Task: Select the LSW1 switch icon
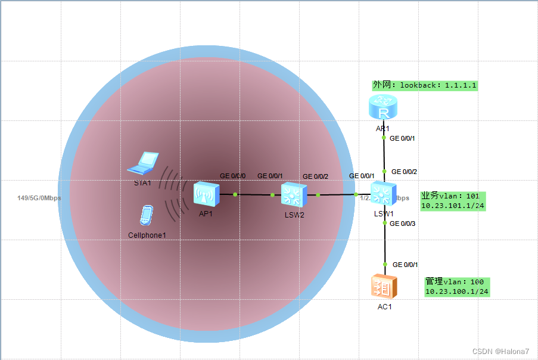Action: point(383,194)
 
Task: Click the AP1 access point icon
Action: point(206,194)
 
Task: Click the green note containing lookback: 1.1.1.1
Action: point(425,85)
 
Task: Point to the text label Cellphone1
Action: point(147,235)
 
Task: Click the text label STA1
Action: point(142,183)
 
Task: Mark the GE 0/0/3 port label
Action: point(403,224)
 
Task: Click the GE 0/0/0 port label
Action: point(232,176)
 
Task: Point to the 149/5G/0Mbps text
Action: point(39,198)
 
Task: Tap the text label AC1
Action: point(384,307)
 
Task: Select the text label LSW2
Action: point(294,215)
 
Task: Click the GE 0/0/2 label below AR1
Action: point(403,172)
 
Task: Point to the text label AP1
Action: point(206,213)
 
